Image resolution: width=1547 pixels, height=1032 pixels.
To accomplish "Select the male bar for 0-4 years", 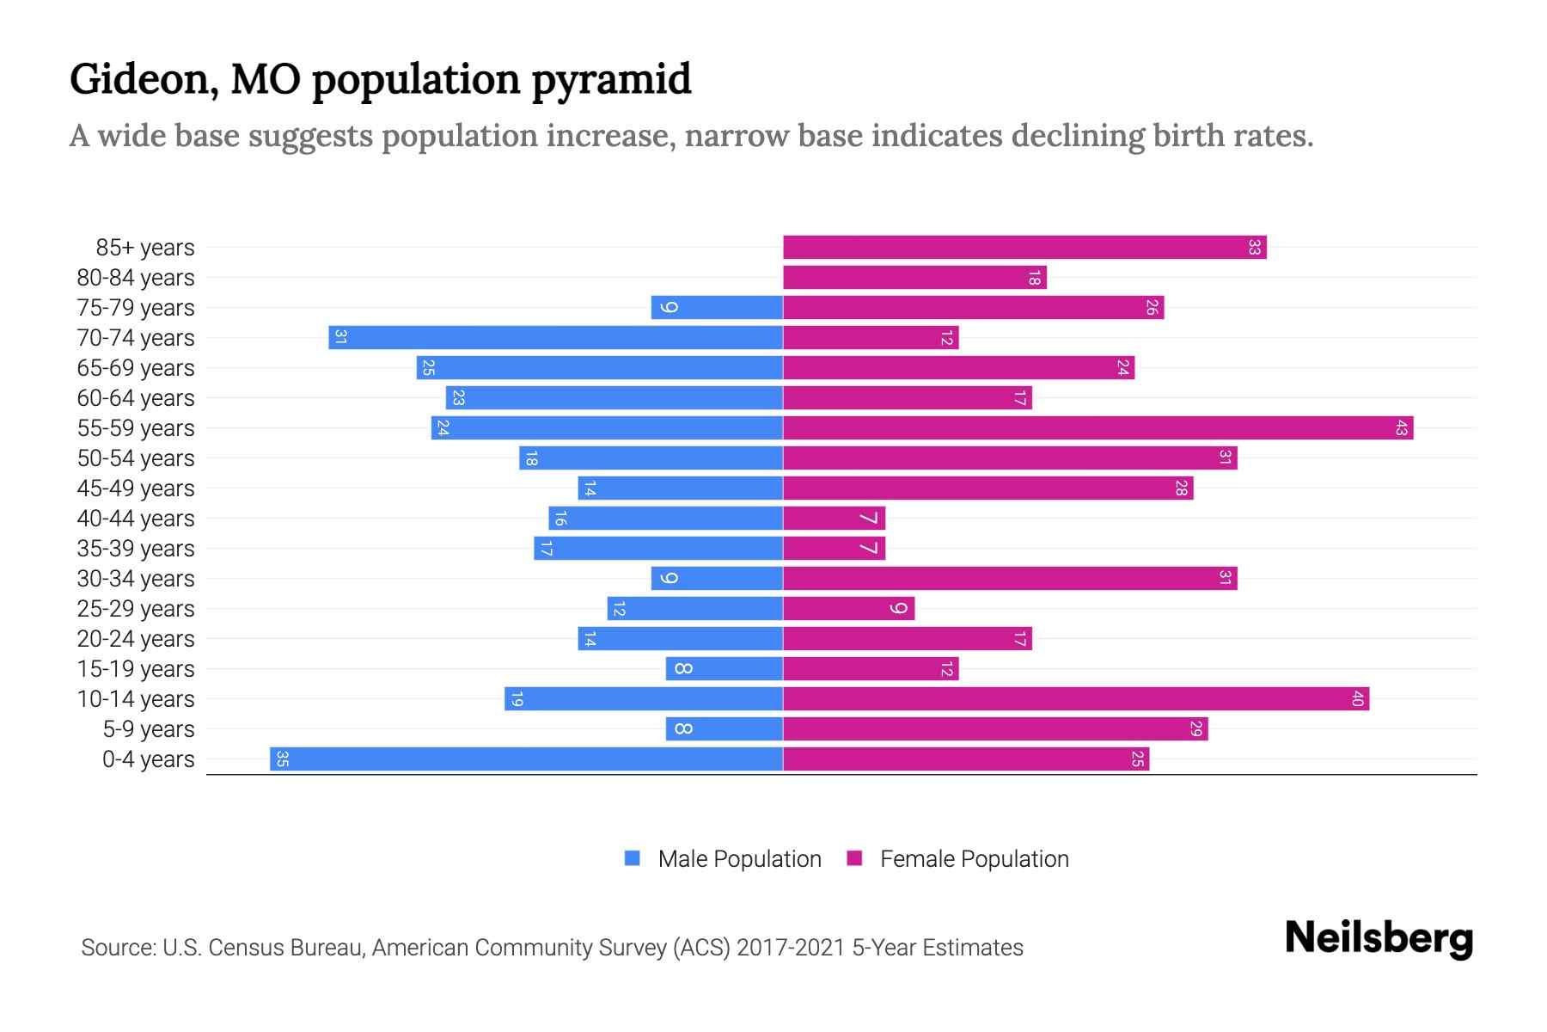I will click(526, 759).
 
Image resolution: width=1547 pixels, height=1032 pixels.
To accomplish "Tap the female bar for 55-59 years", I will click(1098, 428).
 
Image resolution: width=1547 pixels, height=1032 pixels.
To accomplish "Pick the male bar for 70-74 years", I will click(555, 338).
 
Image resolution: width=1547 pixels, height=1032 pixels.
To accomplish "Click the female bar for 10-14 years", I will click(1075, 699).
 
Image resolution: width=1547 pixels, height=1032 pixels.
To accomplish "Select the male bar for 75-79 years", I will click(717, 308).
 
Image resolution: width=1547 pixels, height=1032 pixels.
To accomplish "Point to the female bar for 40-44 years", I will click(834, 519).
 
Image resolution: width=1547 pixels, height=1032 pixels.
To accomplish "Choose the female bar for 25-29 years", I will click(848, 609).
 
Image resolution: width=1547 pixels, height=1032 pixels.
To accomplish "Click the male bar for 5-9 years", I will click(724, 729).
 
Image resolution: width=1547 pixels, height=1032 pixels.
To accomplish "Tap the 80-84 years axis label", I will click(136, 278).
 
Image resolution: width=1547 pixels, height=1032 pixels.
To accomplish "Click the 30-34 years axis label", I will click(136, 579).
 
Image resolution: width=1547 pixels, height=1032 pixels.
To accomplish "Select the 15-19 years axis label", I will click(136, 669).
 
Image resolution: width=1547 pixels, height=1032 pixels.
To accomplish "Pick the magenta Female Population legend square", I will click(854, 858).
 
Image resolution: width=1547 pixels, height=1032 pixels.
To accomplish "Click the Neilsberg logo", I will click(1379, 938).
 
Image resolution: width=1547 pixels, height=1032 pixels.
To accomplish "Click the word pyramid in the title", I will click(611, 81).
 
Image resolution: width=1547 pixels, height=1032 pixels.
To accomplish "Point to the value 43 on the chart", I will click(1401, 428).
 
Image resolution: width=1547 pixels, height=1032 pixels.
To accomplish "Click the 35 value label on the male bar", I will click(282, 759).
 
